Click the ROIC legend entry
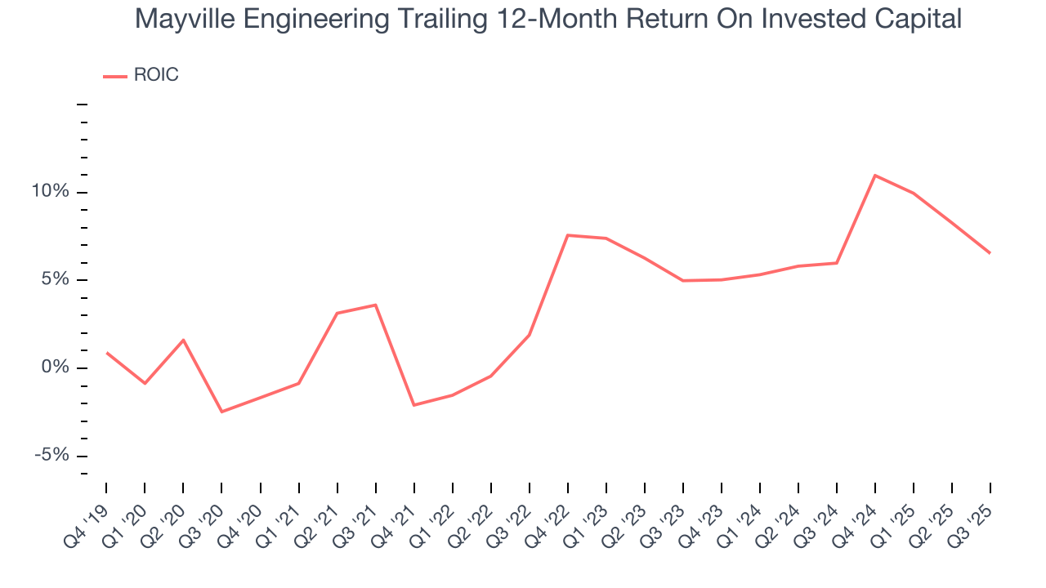tap(141, 75)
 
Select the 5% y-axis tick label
tap(56, 279)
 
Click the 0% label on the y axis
tap(56, 367)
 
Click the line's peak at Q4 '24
tap(875, 175)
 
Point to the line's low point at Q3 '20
tap(221, 412)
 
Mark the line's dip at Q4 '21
tap(414, 405)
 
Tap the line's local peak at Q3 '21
tap(375, 305)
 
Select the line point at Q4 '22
tap(568, 235)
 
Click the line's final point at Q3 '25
tap(990, 253)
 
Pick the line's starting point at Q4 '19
tap(106, 353)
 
